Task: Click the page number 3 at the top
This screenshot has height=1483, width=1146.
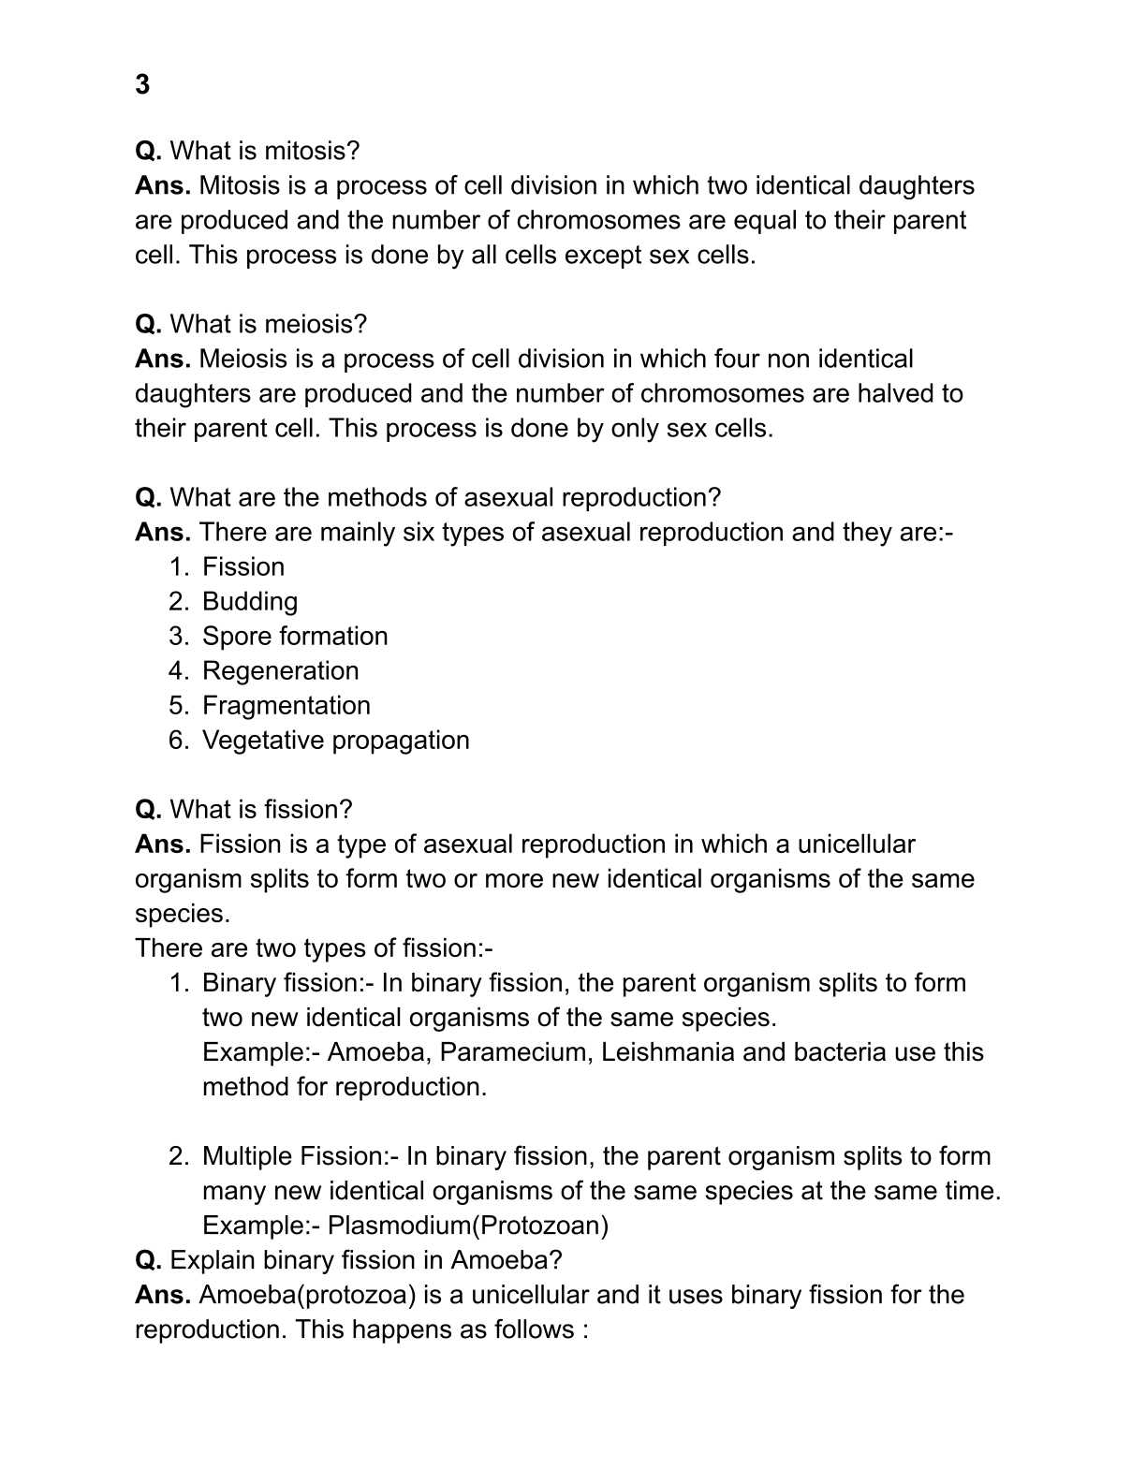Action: tap(142, 85)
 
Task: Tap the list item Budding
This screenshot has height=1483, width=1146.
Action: tap(250, 601)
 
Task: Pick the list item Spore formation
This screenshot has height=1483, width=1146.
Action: tap(295, 636)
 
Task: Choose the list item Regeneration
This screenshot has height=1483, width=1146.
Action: tap(280, 670)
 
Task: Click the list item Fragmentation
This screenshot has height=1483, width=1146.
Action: tap(286, 705)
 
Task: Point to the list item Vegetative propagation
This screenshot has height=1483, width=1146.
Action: tap(335, 740)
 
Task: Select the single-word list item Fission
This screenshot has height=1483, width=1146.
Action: tap(243, 566)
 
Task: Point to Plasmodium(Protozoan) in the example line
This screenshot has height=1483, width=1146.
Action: tap(468, 1225)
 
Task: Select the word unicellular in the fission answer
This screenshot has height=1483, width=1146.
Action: tap(856, 844)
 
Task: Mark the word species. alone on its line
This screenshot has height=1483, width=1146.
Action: tap(183, 913)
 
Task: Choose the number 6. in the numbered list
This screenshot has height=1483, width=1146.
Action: tap(179, 740)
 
